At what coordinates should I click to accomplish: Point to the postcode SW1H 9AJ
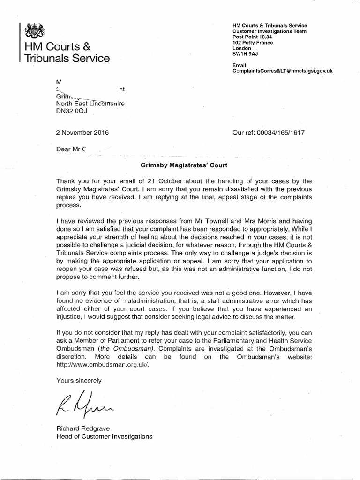[246, 53]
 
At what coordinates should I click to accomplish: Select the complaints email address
[279, 70]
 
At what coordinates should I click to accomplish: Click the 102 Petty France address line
[253, 42]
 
